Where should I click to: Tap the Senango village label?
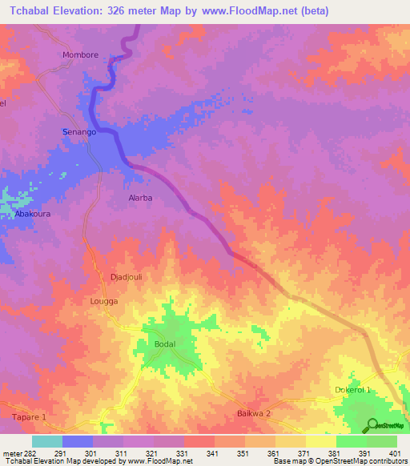tap(79, 131)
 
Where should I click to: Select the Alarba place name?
tap(140, 197)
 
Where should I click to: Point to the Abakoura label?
tap(31, 215)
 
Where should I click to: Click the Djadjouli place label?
tap(126, 277)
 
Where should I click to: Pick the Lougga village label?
tap(104, 301)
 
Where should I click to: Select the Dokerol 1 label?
tap(352, 390)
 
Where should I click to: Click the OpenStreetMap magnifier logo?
tap(372, 425)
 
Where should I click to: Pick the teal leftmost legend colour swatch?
tap(46, 441)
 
